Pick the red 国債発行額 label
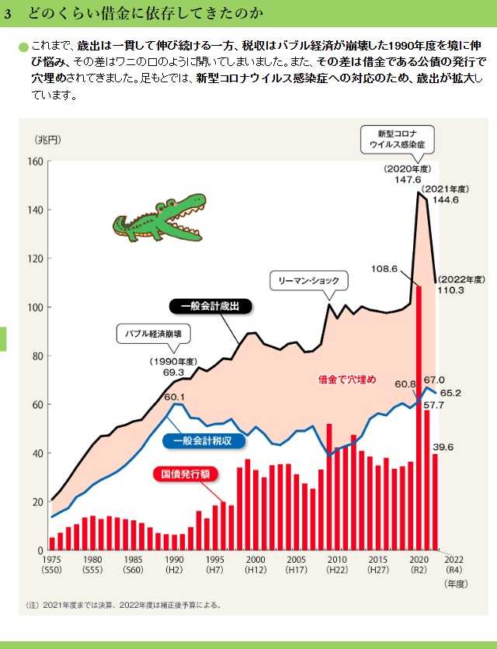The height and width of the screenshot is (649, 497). pyautogui.click(x=191, y=472)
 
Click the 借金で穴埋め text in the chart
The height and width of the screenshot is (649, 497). pyautogui.click(x=347, y=380)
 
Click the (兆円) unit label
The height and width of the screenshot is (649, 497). pyautogui.click(x=47, y=140)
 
